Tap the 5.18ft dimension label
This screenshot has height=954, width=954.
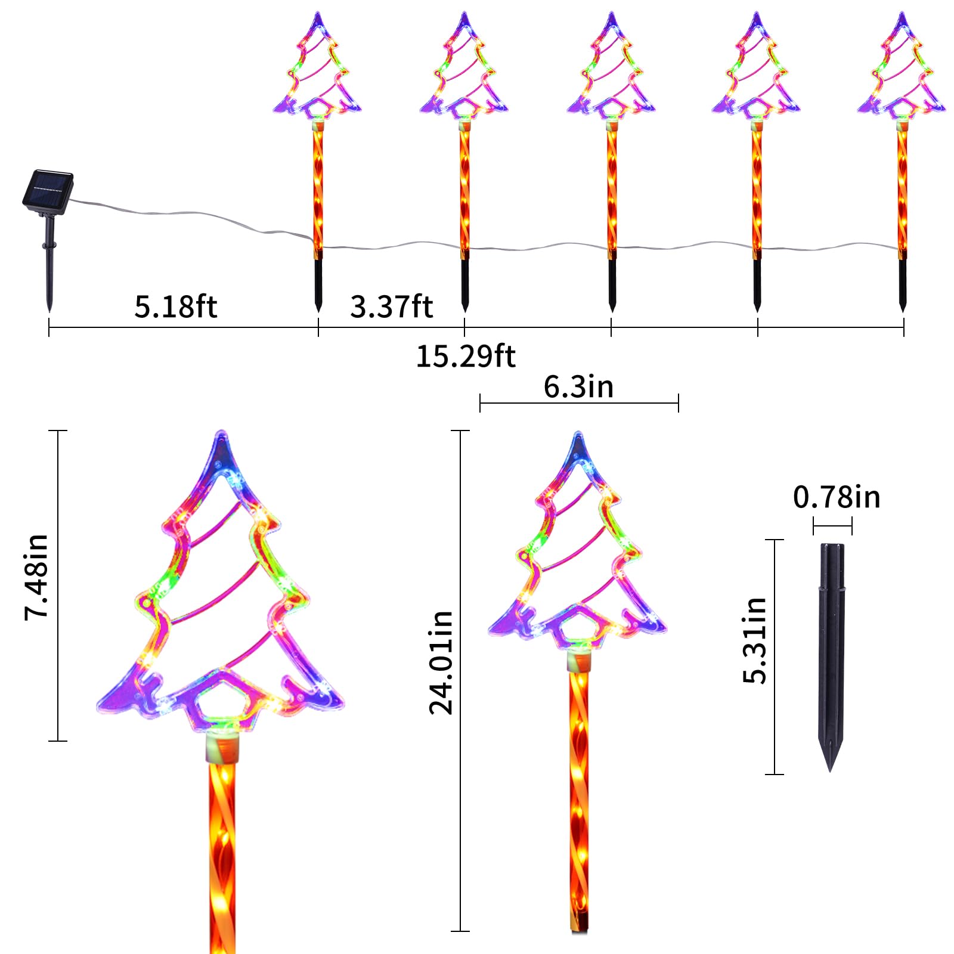pyautogui.click(x=175, y=306)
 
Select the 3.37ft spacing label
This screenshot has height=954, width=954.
pyautogui.click(x=391, y=306)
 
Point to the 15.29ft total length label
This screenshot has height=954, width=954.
pyautogui.click(x=465, y=356)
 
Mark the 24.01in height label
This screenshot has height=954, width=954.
pyautogui.click(x=441, y=662)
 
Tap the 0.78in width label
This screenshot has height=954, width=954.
pyautogui.click(x=836, y=497)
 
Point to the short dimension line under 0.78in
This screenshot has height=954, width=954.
pyautogui.click(x=832, y=526)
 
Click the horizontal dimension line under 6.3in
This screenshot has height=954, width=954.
pyautogui.click(x=579, y=403)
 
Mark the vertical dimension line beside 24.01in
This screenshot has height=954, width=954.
pyautogui.click(x=460, y=680)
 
